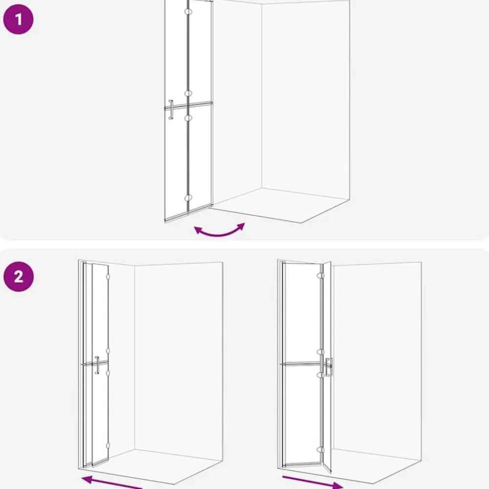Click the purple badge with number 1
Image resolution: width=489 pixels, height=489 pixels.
[18, 19]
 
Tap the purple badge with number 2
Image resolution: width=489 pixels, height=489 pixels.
[19, 276]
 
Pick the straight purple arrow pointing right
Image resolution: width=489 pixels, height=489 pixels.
[312, 482]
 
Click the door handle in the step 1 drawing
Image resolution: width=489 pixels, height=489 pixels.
[171, 110]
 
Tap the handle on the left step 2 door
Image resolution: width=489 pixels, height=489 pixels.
[97, 365]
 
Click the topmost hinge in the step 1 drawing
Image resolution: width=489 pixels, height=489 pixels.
[188, 12]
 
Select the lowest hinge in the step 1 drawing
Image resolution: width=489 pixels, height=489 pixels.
[188, 198]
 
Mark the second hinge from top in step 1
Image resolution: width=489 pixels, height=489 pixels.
[188, 93]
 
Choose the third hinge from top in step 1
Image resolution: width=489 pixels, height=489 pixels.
[188, 118]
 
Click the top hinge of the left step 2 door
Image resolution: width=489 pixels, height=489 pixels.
[108, 277]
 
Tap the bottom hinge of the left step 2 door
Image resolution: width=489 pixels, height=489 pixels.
[108, 445]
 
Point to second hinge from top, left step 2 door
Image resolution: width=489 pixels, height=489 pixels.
[108, 351]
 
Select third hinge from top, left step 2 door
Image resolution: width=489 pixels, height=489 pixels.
[108, 373]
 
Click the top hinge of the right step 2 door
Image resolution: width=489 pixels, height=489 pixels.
[320, 276]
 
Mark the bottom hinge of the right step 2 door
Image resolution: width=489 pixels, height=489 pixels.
[320, 450]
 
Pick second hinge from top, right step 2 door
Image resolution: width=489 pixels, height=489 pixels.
[320, 352]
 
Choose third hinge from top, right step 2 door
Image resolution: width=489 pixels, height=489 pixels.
[320, 375]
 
